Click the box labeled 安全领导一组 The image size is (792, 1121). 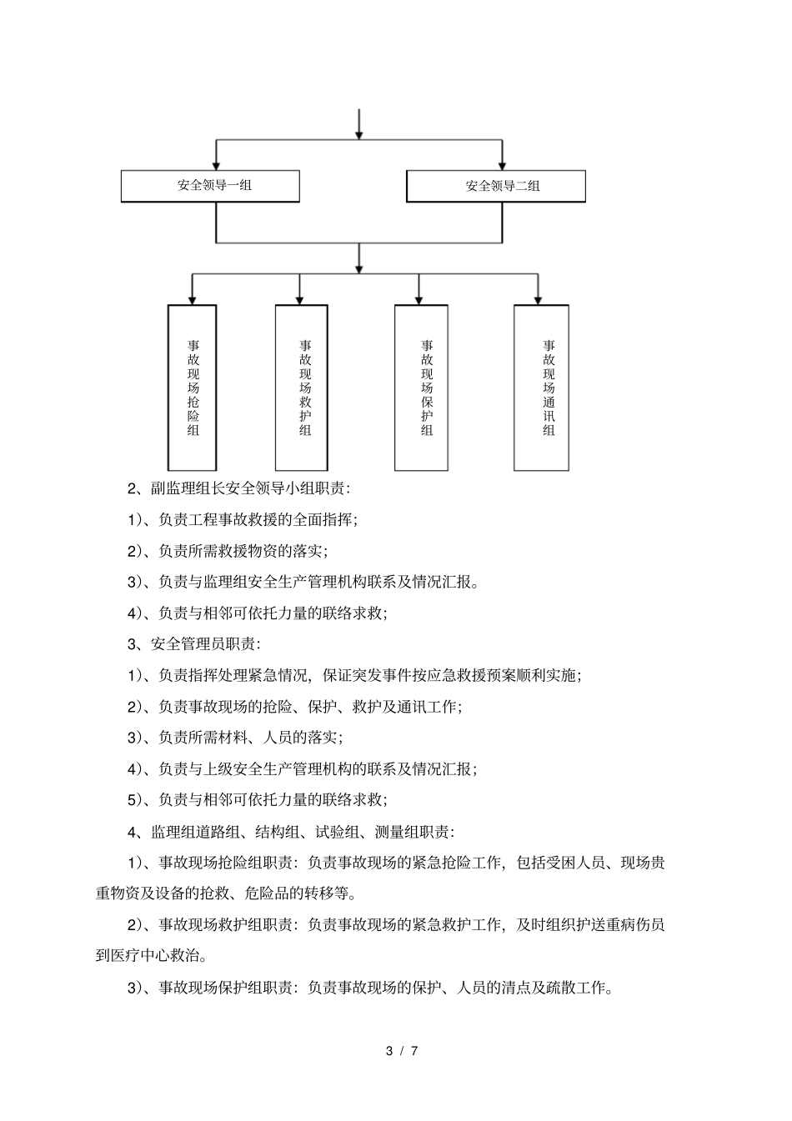(x=210, y=186)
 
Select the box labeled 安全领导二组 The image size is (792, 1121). (x=496, y=187)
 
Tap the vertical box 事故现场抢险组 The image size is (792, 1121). (x=193, y=387)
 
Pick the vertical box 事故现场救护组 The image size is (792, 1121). (x=301, y=387)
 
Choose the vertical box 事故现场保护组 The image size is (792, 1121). (x=421, y=387)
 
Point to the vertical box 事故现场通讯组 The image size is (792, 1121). (x=541, y=387)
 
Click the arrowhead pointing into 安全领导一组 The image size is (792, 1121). (x=216, y=164)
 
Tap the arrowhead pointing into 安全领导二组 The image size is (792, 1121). (x=502, y=164)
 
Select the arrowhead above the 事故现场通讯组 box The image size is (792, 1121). (x=538, y=298)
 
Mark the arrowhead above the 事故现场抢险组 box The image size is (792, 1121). (x=193, y=298)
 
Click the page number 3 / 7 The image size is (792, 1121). (x=403, y=1051)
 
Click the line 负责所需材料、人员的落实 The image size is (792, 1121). (x=235, y=738)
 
